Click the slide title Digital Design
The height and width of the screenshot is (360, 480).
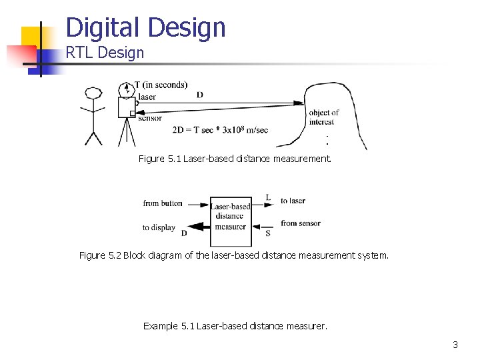coord(146,27)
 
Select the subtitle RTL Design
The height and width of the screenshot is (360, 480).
coord(105,53)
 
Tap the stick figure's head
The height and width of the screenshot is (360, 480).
coord(93,93)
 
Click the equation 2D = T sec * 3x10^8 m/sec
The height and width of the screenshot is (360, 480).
coord(220,129)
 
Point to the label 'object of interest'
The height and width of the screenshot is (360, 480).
coord(323,117)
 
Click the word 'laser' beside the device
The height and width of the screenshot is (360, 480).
coord(147,97)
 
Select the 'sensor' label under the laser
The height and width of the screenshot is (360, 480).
coord(150,118)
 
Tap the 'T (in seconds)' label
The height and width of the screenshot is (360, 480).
coord(161,85)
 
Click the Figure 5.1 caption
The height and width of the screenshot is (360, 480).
coord(234,159)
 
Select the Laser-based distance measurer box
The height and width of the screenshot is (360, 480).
coord(230,215)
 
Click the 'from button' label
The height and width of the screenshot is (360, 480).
coord(163,203)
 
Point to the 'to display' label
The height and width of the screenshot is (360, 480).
coord(159,227)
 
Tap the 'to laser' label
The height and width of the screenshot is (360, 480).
coord(293,201)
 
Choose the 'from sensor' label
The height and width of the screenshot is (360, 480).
coord(300,223)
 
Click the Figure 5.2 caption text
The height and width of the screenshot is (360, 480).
coord(233,255)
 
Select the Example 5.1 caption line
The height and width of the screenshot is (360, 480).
coord(235,326)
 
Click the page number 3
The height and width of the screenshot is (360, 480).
coord(455,345)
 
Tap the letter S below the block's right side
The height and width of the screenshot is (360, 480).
coord(267,233)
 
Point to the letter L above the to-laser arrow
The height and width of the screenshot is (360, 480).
coord(267,197)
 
